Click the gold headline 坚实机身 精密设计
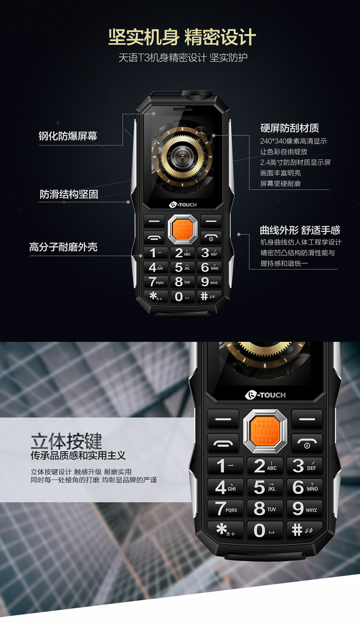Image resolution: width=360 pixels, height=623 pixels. [182, 37]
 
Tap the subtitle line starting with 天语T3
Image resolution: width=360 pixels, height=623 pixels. [183, 58]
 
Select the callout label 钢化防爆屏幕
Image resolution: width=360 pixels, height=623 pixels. [68, 136]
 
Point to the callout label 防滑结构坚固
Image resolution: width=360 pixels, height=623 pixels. [69, 194]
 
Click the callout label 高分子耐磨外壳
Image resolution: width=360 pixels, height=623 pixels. [63, 247]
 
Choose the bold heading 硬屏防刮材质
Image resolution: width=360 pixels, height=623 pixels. [289, 128]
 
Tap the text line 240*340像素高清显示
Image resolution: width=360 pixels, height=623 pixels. [293, 141]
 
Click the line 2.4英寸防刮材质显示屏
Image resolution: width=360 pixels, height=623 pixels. [296, 162]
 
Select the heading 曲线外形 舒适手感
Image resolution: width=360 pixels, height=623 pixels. [300, 230]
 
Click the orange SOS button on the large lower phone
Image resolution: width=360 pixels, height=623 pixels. [265, 431]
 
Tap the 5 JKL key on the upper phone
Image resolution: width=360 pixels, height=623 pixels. [182, 267]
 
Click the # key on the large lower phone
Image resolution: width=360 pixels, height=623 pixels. [305, 529]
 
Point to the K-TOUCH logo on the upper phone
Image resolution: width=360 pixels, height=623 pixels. [183, 205]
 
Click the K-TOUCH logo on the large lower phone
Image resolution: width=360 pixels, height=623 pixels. [265, 395]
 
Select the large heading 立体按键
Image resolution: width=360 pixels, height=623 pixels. [66, 441]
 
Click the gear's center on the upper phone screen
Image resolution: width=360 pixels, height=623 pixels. [182, 157]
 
